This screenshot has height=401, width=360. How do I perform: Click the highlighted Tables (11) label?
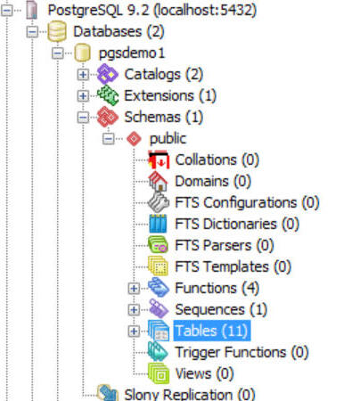[x=212, y=331]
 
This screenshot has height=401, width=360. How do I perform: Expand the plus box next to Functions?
[x=134, y=288]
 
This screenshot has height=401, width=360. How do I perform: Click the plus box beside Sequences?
[x=134, y=309]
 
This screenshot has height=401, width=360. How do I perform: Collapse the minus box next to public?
[x=108, y=138]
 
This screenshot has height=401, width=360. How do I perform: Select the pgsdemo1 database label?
[x=132, y=53]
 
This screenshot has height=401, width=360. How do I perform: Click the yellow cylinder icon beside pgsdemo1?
[x=83, y=53]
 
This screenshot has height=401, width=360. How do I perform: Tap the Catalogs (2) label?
[x=163, y=75]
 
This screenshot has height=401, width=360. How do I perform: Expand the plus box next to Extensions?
[x=83, y=95]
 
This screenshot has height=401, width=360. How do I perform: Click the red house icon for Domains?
[x=159, y=181]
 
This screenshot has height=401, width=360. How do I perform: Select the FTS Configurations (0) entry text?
[x=247, y=203]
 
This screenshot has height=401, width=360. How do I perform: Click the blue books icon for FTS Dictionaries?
[x=158, y=224]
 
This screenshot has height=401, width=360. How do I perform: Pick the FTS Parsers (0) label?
[x=225, y=245]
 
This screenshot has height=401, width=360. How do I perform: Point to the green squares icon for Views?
[x=159, y=373]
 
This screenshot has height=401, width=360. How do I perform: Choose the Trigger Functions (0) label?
[x=241, y=353]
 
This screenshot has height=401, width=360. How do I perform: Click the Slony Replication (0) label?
[x=190, y=394]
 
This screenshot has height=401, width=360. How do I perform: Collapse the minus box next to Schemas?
[x=83, y=118]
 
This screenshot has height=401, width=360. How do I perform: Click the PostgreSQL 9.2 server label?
[x=152, y=11]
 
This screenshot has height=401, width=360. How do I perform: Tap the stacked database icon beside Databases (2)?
[x=57, y=31]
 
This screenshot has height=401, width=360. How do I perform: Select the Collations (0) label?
[x=217, y=160]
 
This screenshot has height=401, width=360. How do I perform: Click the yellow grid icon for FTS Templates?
[x=159, y=266]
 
